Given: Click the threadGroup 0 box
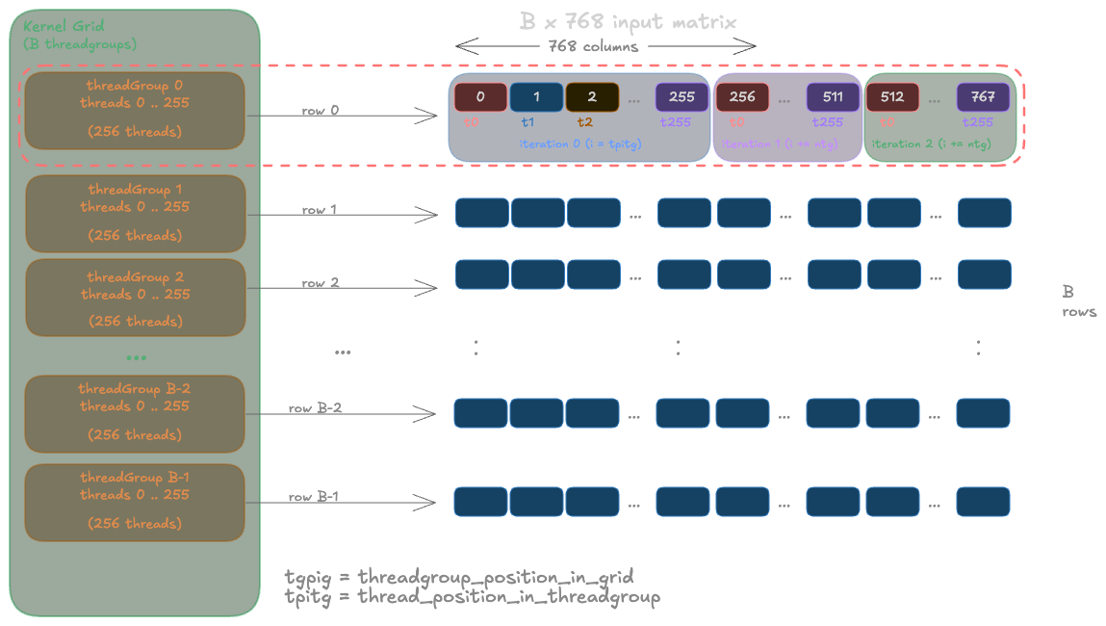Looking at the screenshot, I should point(135,110).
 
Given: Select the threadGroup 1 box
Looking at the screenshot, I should point(135,213).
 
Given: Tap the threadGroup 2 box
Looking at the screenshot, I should point(135,298).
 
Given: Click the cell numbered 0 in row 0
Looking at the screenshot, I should point(480,97).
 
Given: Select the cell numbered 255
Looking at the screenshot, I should point(682,97).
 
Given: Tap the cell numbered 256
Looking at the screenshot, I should point(742,97).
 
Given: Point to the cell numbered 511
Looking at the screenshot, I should point(833,97).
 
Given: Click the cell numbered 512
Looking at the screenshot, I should point(892,97).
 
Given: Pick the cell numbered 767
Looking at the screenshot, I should point(983,97).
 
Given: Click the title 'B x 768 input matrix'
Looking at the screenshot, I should point(629,22).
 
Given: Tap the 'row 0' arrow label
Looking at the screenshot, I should point(321,110).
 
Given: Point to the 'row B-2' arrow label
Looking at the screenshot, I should point(315,408).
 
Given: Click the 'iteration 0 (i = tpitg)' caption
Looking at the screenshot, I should point(579,143).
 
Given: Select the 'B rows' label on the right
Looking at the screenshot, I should point(1078,301).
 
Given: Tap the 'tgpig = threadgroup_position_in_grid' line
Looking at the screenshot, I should point(459,578).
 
